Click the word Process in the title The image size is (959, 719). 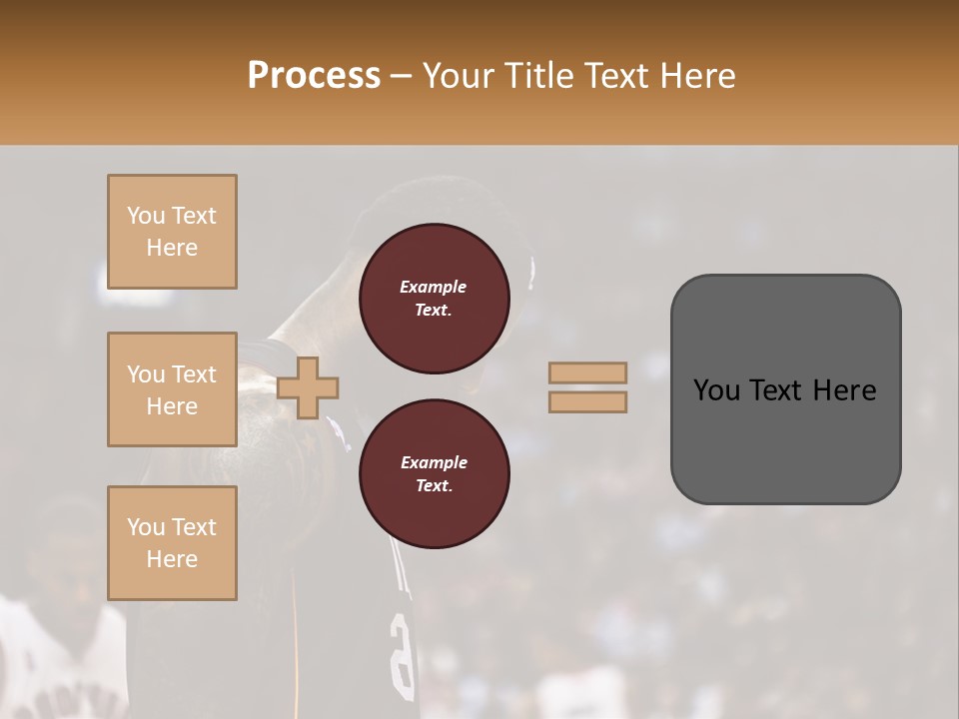[314, 75]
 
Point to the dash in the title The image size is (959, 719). [402, 76]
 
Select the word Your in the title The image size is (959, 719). [460, 75]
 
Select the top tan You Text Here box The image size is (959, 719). [172, 232]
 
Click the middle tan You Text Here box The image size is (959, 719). [172, 389]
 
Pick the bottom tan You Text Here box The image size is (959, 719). [172, 543]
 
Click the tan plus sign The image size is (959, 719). [308, 387]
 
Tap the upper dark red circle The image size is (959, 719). [435, 299]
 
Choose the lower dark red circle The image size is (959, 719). [435, 473]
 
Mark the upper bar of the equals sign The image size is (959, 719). [588, 372]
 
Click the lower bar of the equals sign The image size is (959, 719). [588, 401]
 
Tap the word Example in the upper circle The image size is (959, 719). [434, 287]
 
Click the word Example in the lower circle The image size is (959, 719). [434, 462]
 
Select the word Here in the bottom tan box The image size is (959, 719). [172, 559]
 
